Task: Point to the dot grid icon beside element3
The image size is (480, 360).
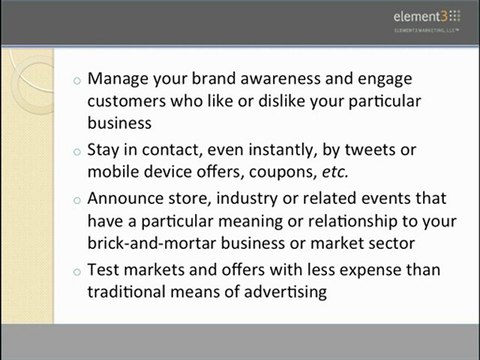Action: (x=457, y=16)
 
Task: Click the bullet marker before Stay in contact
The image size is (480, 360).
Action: (x=79, y=152)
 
